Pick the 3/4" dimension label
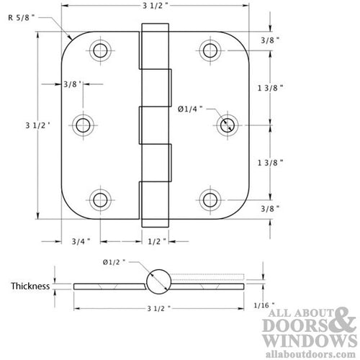pyautogui.click(x=80, y=242)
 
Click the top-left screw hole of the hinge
pyautogui.click(x=99, y=51)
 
